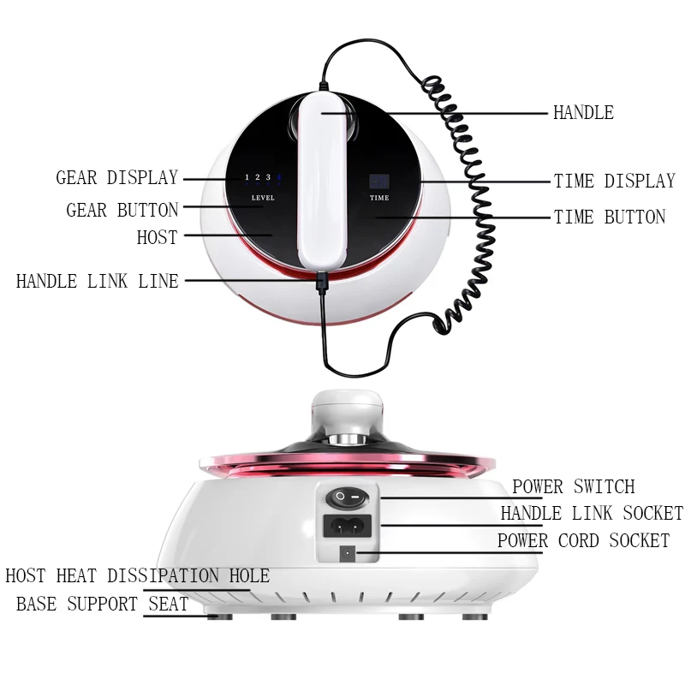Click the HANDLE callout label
coord(583,113)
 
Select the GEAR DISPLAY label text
coord(117,178)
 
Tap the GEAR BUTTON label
coord(122,210)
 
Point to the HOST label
coord(157,237)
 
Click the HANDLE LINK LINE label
coord(98,281)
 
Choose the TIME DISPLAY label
coord(615,181)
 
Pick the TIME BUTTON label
coord(610,217)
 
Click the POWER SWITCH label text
coord(574,487)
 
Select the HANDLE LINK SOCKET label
coord(592,514)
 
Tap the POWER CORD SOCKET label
coord(583,541)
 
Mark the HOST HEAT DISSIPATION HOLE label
coord(137,576)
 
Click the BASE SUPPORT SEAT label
coord(102,605)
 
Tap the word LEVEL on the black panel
coord(263,199)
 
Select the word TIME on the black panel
coord(379,198)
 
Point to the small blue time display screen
coord(379,182)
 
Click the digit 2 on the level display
coord(257,178)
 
